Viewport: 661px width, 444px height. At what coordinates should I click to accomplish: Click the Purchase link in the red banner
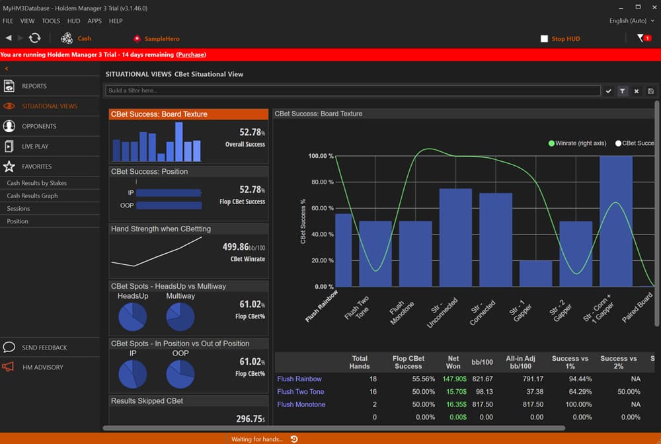(x=191, y=55)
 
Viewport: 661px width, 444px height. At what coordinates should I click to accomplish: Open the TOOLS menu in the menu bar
(x=51, y=21)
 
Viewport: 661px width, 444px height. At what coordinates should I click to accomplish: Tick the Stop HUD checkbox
(x=544, y=39)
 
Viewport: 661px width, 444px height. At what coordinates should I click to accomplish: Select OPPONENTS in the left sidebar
(x=39, y=126)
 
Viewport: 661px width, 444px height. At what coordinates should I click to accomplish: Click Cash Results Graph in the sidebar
(x=32, y=196)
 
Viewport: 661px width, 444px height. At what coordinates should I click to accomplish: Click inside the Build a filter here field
(x=350, y=91)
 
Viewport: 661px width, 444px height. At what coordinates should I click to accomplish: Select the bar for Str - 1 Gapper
(x=535, y=274)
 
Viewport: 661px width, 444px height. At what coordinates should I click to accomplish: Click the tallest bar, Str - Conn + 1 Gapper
(x=615, y=221)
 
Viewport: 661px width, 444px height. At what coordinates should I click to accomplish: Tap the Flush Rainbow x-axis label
(x=323, y=305)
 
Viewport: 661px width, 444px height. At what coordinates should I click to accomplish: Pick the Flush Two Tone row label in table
(x=301, y=392)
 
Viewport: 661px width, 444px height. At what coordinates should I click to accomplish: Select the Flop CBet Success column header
(x=408, y=362)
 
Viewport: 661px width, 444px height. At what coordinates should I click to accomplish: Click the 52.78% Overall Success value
(x=251, y=132)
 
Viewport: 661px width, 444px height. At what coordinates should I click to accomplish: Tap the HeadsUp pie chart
(x=132, y=317)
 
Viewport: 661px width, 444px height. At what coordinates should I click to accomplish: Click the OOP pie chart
(x=180, y=375)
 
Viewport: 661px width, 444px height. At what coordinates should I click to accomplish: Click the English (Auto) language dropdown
(x=627, y=21)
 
